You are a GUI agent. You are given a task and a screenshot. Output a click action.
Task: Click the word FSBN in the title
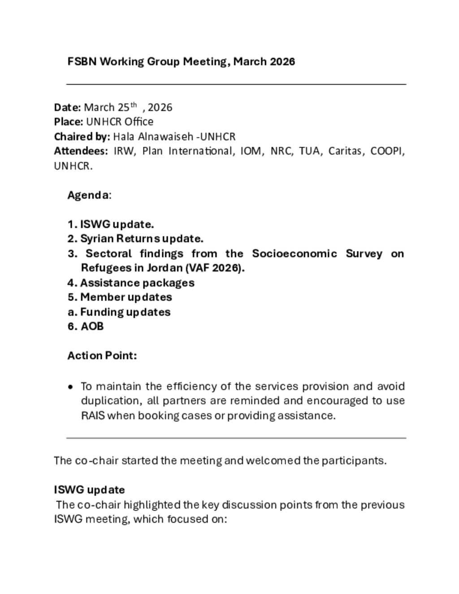82,61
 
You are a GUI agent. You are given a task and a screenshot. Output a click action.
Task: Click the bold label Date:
67,108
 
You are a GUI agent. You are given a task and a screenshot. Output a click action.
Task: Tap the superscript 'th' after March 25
133,105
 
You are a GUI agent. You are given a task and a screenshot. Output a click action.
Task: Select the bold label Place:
68,122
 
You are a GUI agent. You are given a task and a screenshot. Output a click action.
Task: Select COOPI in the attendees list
387,151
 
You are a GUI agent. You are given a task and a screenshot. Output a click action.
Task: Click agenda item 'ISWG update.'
117,224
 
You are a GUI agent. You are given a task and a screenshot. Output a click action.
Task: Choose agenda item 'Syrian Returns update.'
142,238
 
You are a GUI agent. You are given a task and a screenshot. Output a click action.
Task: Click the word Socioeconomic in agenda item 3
294,254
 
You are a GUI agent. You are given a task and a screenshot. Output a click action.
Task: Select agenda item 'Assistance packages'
137,283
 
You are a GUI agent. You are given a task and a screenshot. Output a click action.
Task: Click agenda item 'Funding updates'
125,312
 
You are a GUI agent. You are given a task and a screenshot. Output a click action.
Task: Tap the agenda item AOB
92,326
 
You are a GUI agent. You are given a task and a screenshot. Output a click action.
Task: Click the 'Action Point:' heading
102,356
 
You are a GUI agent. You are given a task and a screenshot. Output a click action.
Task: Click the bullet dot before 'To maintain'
71,387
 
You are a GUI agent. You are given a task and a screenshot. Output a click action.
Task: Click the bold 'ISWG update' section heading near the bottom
89,490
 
